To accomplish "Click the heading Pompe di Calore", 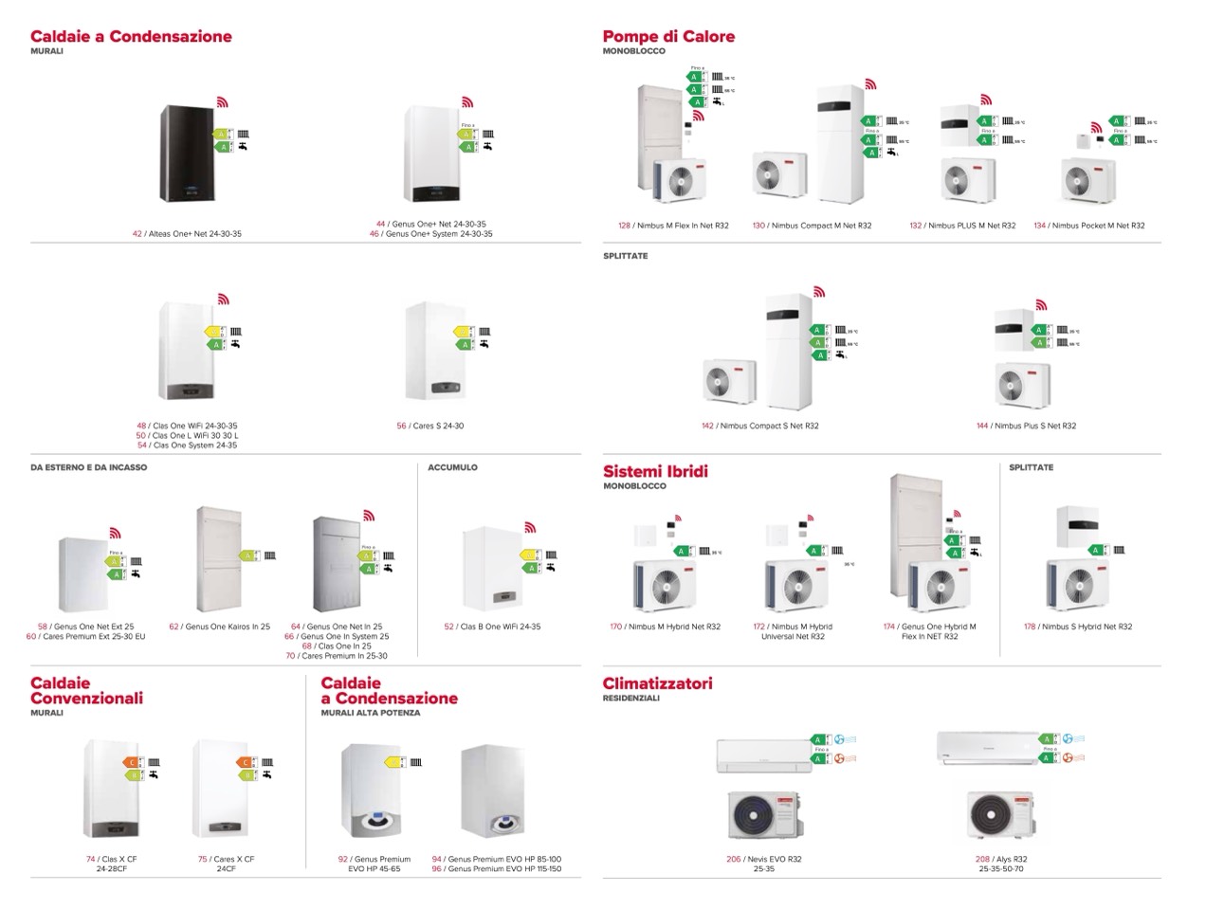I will tap(668, 37).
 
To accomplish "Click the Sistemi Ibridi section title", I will tap(655, 472).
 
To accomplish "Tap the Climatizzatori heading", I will tap(657, 683).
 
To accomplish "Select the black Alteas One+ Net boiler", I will tap(186, 153).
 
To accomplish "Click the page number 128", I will tap(624, 226).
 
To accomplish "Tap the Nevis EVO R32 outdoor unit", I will tap(763, 817).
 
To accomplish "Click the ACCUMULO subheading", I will tap(452, 467).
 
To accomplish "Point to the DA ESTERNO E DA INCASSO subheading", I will tap(88, 467).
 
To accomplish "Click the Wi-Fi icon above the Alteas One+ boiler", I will tap(223, 101).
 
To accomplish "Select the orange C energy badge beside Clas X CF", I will tap(131, 762).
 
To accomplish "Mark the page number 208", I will tap(982, 859).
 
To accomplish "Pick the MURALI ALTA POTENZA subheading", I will tap(370, 713).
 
